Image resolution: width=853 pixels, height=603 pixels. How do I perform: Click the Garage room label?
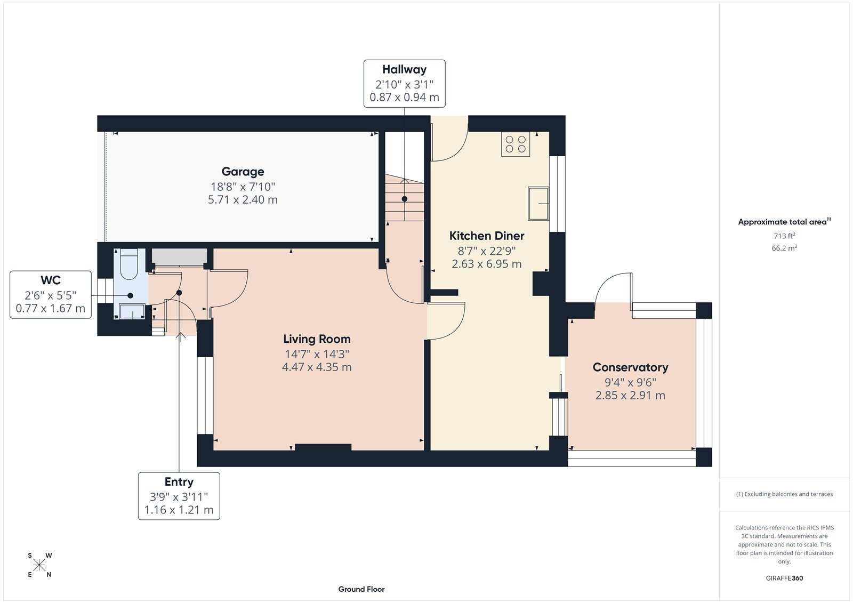point(243,172)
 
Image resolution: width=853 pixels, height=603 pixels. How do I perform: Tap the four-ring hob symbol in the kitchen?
point(516,144)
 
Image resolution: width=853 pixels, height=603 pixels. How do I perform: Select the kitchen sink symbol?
point(538,203)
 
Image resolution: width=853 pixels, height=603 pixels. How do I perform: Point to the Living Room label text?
point(317,339)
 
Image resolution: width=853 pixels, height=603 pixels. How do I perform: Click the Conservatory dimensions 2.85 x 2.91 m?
point(630,396)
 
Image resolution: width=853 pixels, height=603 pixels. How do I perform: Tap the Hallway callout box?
point(404,84)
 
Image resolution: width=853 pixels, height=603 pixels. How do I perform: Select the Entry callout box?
point(179,496)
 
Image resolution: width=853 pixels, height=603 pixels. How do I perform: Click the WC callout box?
point(51,295)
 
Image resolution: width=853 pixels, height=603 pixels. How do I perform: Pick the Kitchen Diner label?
point(487,236)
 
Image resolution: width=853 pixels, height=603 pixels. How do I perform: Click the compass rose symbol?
point(39,565)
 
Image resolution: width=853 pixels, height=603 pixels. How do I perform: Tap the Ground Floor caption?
point(361,589)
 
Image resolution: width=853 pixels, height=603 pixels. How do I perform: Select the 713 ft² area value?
point(784,236)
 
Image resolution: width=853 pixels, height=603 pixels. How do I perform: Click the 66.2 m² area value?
point(784,248)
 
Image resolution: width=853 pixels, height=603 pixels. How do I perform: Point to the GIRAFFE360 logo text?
point(784,578)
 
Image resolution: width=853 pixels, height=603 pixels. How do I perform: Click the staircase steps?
point(404,200)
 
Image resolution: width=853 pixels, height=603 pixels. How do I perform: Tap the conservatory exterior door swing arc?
point(613,288)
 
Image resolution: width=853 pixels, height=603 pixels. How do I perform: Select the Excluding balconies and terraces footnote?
point(784,494)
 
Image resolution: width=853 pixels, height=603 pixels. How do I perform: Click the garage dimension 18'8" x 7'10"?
point(243,187)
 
